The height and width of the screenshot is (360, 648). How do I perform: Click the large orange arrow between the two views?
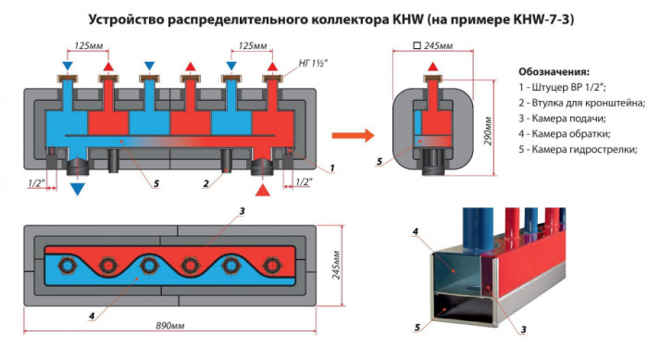353,135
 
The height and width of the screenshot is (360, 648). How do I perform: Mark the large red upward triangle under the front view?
263,190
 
